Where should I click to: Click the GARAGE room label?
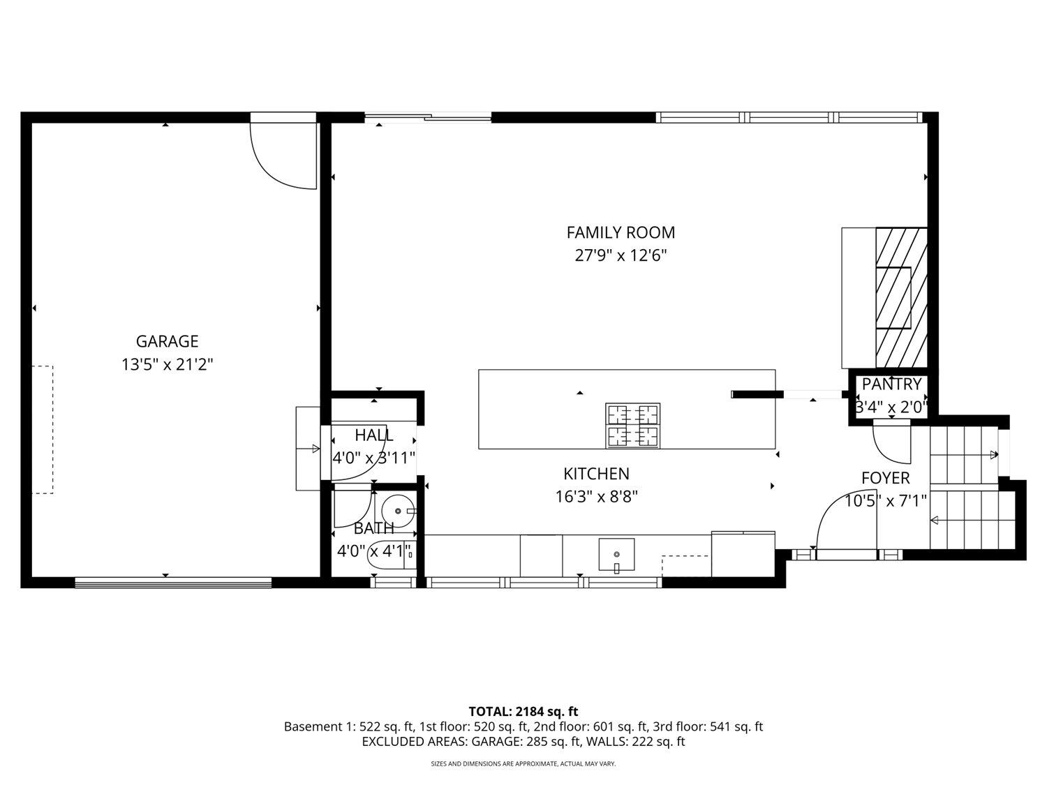coord(167,341)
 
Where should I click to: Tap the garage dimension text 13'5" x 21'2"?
coord(167,364)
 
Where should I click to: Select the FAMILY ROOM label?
coord(621,232)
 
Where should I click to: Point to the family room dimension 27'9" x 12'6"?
coord(621,255)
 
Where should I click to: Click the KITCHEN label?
coord(596,474)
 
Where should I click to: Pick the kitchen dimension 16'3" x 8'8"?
coord(596,497)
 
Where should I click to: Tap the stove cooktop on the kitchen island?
coord(633,426)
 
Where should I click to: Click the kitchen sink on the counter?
coord(616,554)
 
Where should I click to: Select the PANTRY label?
coord(891,384)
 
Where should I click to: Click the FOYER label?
coord(885,478)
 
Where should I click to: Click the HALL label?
coord(373,435)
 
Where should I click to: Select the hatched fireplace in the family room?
coord(901,298)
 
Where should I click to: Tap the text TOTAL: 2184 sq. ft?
coord(523,712)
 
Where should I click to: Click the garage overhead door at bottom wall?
coord(172,581)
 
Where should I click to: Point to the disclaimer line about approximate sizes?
coord(523,764)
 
